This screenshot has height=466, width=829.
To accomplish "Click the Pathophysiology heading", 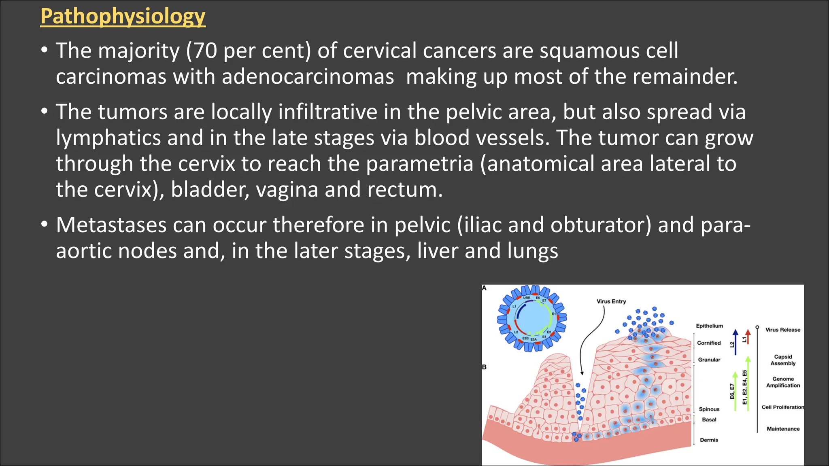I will [123, 17].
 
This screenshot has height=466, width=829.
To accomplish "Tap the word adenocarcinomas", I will [308, 77].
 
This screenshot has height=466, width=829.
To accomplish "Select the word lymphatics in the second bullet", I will [108, 138].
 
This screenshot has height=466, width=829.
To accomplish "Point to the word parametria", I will [419, 164].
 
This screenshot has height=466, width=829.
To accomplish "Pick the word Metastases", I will [111, 225].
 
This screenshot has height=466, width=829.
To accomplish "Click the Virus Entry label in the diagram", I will [611, 301].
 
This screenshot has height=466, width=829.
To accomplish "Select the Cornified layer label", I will [709, 343].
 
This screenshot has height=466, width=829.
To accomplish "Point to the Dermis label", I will [709, 440].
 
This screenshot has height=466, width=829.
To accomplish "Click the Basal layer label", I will [709, 420].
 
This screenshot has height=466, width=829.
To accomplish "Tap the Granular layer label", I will [709, 360].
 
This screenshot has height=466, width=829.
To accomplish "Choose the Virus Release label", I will [782, 330].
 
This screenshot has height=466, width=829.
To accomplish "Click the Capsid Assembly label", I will [783, 360].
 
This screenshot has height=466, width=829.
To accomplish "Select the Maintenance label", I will [783, 429].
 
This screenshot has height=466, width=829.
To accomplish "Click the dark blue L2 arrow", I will [735, 342].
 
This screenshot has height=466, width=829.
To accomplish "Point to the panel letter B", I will [484, 367].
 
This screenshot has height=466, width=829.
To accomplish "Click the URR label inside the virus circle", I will [527, 298].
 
